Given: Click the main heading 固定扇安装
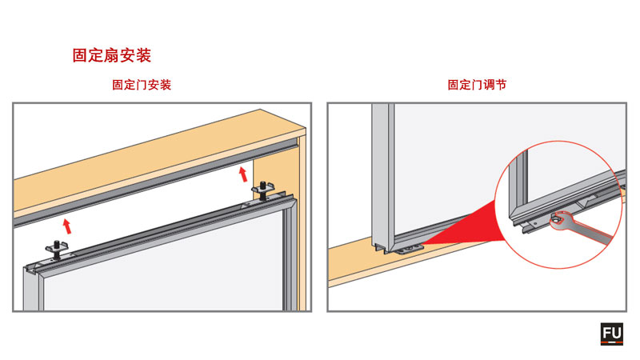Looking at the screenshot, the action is tap(112, 55).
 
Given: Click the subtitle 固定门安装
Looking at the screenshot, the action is tap(142, 85).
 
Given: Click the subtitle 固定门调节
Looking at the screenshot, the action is tap(477, 85).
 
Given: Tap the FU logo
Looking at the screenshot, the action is tap(611, 334).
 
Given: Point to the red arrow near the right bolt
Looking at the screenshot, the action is tap(243, 174).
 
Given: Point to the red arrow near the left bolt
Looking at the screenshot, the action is tap(67, 226).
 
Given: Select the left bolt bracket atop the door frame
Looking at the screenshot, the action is tap(57, 249).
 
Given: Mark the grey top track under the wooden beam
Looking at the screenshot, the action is tap(155, 182).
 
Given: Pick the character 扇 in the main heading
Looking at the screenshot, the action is tap(112, 55).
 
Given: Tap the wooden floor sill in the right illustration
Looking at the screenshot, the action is tap(408, 262).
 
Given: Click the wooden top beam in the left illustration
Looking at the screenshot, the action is tap(159, 163).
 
